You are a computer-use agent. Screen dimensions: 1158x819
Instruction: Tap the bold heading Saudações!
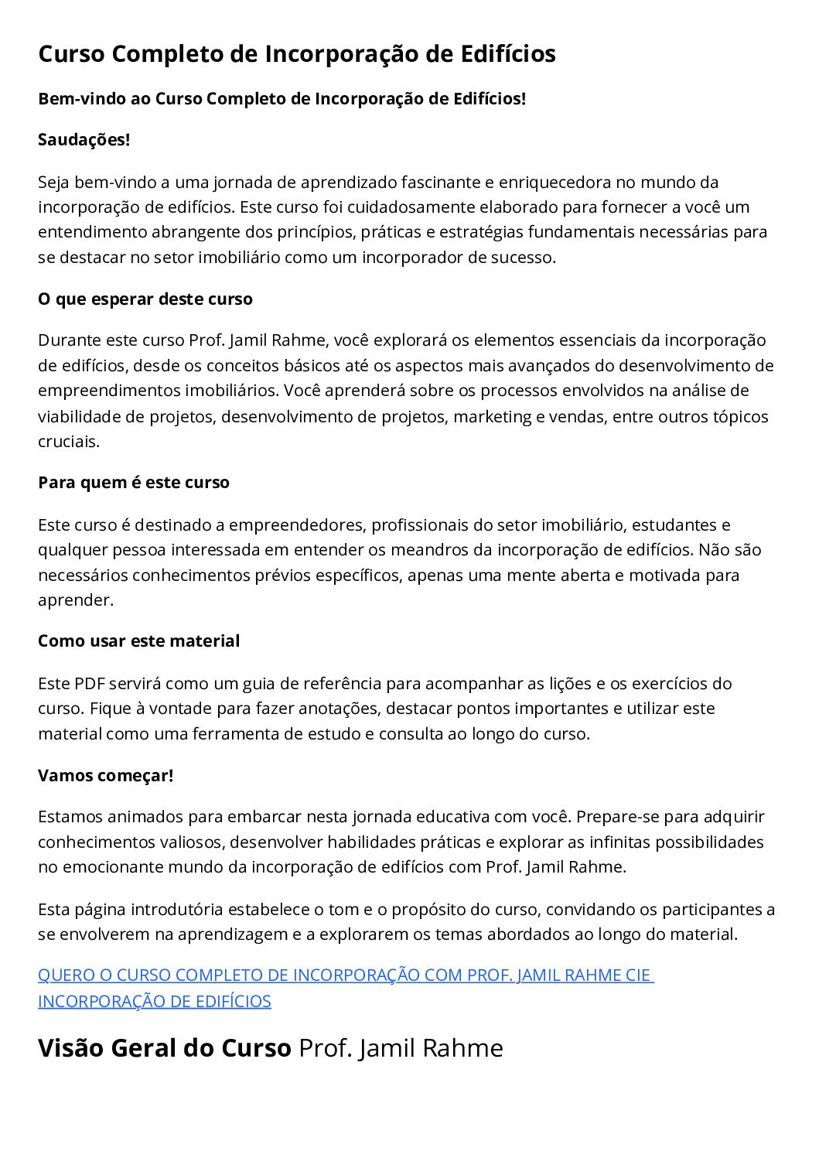coord(84,140)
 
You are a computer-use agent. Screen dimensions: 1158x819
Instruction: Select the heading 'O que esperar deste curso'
coord(145,299)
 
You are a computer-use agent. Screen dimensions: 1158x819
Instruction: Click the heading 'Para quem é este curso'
coord(134,483)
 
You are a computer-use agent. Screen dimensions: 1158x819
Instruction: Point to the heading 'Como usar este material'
coord(139,641)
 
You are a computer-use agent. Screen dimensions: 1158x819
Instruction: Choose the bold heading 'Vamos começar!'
coord(106,776)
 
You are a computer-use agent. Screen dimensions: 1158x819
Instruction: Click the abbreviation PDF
coord(89,684)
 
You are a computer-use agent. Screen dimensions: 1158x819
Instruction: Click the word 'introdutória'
coord(179,910)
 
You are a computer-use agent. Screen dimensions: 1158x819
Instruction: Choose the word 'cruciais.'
coord(69,442)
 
